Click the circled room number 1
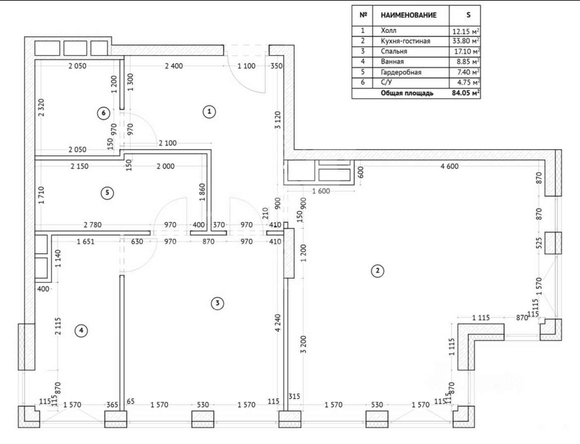(x=209, y=111)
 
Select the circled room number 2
(x=377, y=271)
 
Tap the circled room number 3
(x=217, y=303)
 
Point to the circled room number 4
(x=81, y=330)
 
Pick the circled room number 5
(x=107, y=193)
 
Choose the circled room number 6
(x=104, y=113)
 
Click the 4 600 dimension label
(x=449, y=166)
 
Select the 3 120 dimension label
(x=278, y=120)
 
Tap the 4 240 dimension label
(x=278, y=323)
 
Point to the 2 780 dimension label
(x=92, y=225)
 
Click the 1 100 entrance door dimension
(x=246, y=66)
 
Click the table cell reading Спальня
(x=394, y=51)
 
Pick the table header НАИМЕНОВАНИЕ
(x=408, y=15)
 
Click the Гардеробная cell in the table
(x=401, y=72)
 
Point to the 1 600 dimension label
(x=321, y=191)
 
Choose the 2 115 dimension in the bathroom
(x=58, y=326)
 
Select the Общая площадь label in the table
(x=407, y=93)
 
